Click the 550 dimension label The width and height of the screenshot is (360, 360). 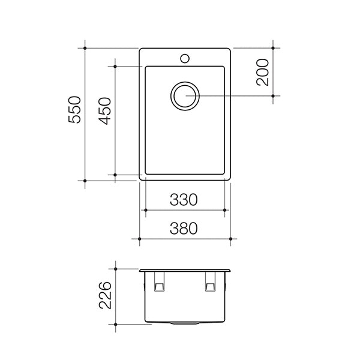74,110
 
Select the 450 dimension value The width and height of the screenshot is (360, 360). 104,111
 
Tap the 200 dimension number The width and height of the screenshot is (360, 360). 262,73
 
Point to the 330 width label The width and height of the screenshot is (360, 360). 184,200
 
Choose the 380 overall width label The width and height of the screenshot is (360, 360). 184,229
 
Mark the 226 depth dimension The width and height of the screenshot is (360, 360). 105,295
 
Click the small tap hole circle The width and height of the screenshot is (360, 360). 185,58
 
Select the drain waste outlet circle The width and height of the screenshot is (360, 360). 185,96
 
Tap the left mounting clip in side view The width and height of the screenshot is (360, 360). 160,282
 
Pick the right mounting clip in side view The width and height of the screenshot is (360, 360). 210,282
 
